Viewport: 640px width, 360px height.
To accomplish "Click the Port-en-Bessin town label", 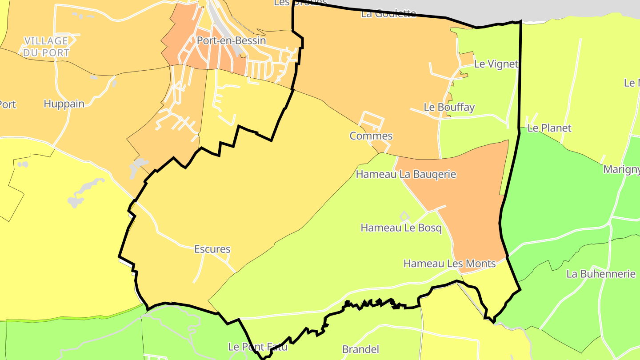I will [231, 40].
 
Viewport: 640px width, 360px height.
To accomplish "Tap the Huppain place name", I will [64, 104].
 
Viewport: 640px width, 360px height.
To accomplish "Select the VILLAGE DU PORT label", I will [47, 47].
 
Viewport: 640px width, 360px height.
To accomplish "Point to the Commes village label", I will [371, 136].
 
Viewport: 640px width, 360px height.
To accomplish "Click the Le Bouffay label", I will [449, 107].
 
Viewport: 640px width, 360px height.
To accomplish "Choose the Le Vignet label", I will [496, 64].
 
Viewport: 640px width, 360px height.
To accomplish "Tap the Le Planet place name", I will [549, 128].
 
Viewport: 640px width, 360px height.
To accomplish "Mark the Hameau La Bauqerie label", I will [406, 174].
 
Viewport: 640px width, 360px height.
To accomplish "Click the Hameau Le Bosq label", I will [401, 228].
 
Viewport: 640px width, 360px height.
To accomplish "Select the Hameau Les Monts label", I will [449, 264].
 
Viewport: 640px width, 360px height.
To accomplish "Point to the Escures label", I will [212, 249].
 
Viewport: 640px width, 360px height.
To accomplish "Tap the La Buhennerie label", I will [601, 274].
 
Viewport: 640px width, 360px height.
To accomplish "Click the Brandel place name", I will [360, 349].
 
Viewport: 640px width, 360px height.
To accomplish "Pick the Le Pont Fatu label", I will [257, 347].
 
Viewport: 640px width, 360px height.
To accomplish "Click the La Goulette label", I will [388, 13].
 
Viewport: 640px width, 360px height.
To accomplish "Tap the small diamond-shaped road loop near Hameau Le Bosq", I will [404, 216].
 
